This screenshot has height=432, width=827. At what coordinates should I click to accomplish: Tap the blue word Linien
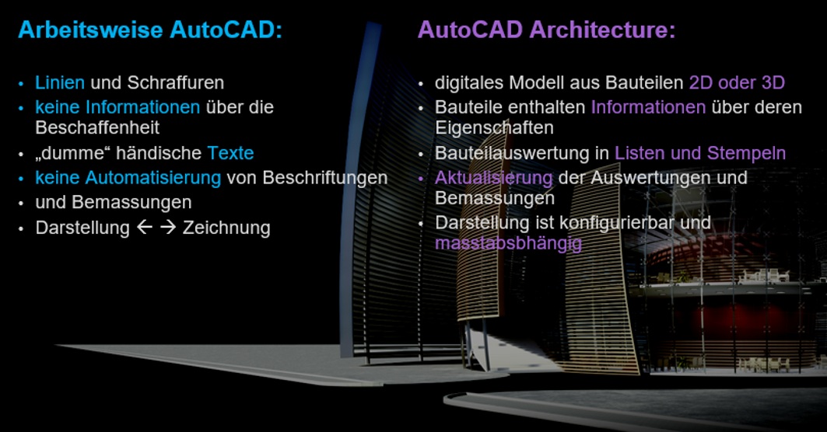[x=60, y=82]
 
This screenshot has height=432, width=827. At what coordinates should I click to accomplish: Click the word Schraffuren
[x=176, y=82]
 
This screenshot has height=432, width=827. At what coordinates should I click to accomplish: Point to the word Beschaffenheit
[x=97, y=127]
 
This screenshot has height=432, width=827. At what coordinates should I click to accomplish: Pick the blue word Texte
[x=230, y=153]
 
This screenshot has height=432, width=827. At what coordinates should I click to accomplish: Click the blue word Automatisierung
[x=153, y=178]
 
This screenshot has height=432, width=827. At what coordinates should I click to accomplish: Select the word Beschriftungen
[x=325, y=178]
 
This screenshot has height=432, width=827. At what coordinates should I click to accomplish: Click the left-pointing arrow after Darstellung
[x=145, y=227]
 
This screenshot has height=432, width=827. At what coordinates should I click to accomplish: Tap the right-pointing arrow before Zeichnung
[x=168, y=227]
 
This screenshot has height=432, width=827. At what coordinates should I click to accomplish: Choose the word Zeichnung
[x=227, y=228]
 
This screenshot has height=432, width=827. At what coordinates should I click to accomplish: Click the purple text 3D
[x=773, y=82]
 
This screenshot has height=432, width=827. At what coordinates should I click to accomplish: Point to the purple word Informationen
[x=648, y=107]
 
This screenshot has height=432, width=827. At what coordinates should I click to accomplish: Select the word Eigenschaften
[x=494, y=127]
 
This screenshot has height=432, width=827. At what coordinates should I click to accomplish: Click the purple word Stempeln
[x=746, y=153]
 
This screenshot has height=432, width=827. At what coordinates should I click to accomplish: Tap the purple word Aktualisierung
[x=494, y=178]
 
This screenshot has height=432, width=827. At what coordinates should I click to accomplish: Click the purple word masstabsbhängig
[x=509, y=243]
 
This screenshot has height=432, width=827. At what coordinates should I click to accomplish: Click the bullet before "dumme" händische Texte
[x=21, y=155]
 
